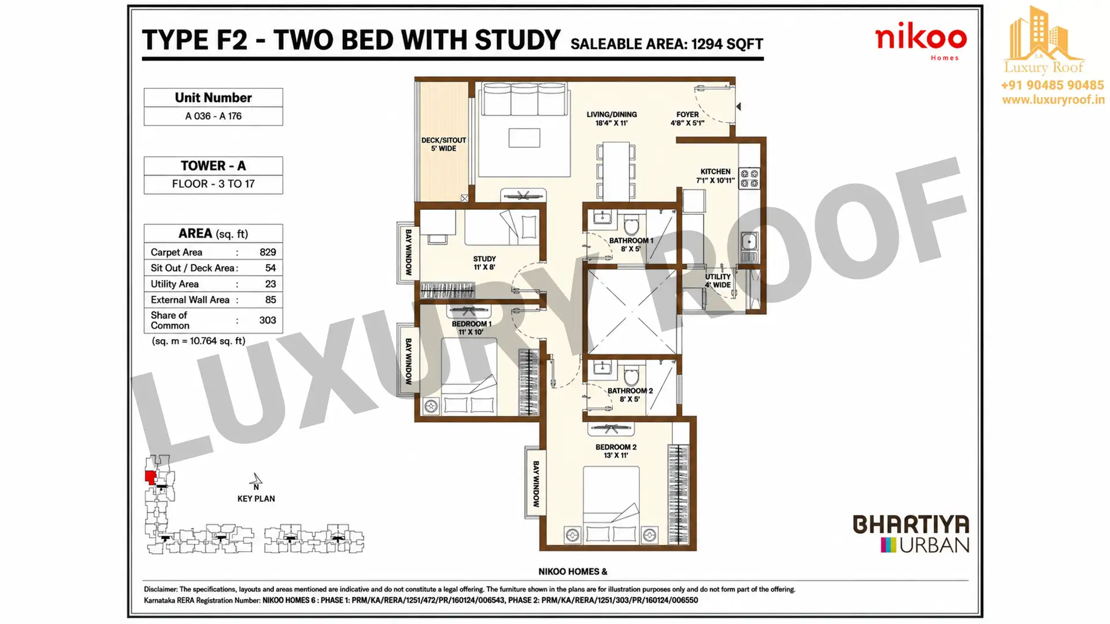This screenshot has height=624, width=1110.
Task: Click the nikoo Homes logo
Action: (920, 42)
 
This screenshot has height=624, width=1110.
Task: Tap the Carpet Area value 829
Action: (268, 252)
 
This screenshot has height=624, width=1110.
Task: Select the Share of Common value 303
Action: (268, 320)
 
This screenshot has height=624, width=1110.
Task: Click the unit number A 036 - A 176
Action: (213, 116)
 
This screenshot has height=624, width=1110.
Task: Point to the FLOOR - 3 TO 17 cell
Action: (213, 184)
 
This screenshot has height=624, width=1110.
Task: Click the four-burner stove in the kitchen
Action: (749, 178)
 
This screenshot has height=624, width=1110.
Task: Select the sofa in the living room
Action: (524, 99)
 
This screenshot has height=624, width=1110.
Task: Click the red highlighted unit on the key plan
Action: (150, 477)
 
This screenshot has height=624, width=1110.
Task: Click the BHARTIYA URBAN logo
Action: (911, 534)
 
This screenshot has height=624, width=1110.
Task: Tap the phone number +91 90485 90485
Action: (1052, 85)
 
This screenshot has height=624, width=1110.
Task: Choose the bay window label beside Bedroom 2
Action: (536, 484)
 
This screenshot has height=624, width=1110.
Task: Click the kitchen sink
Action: (749, 240)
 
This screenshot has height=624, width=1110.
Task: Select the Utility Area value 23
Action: (271, 284)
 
